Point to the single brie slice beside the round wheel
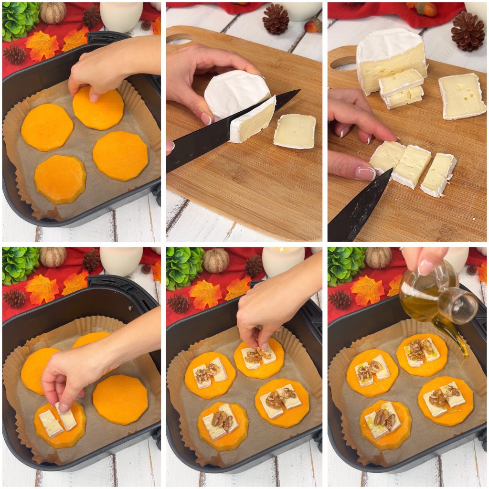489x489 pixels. tap(295, 130)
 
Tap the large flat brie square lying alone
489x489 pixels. tap(461, 96)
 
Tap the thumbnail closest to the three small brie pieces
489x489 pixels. tap(365, 173)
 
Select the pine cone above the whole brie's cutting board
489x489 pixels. tap(276, 19)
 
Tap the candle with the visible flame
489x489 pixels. tap(283, 260)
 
